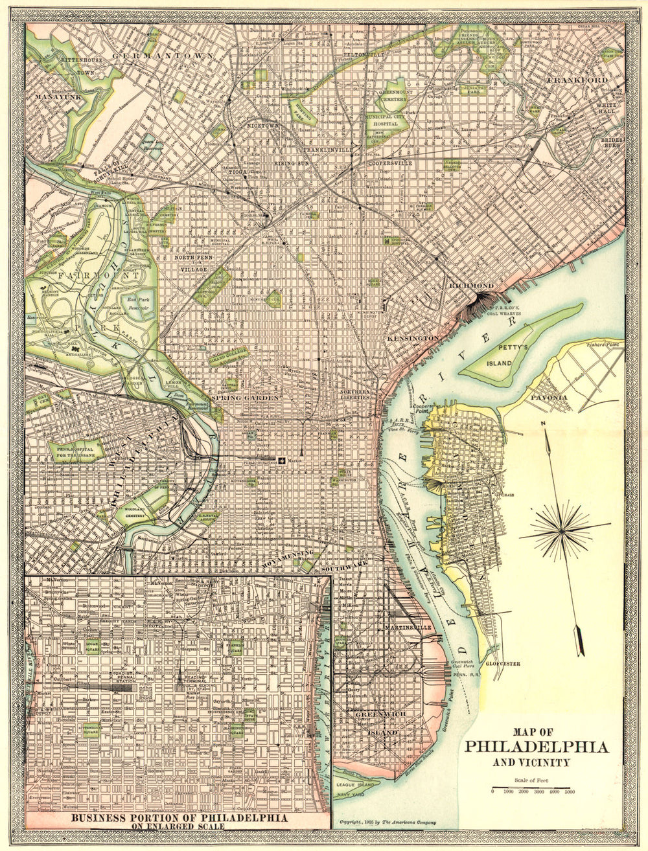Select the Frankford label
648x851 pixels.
(577, 80)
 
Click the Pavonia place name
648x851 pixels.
(549, 397)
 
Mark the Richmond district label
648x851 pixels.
(472, 286)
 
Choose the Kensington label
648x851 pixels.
(413, 339)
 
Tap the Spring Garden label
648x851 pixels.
(245, 398)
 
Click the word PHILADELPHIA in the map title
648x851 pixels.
(537, 747)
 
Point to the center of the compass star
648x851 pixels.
(561, 531)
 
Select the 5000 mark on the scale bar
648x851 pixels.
(570, 791)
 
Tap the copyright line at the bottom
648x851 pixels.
(388, 823)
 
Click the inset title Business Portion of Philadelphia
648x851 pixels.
(179, 817)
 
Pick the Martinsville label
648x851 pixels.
(407, 628)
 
